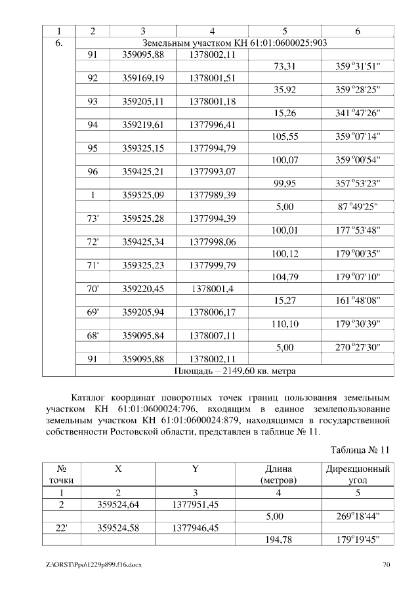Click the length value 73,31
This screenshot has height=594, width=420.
click(285, 66)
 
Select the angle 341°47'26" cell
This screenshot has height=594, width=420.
click(358, 114)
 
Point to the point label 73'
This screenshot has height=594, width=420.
click(93, 219)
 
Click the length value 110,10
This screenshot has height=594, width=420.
click(285, 324)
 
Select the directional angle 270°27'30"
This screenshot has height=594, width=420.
click(358, 347)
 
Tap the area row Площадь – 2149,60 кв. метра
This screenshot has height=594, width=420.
click(234, 371)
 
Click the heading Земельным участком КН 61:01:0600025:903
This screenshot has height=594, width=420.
click(234, 43)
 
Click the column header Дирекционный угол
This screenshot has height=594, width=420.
click(358, 475)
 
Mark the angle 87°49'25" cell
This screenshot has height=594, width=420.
click(358, 207)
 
